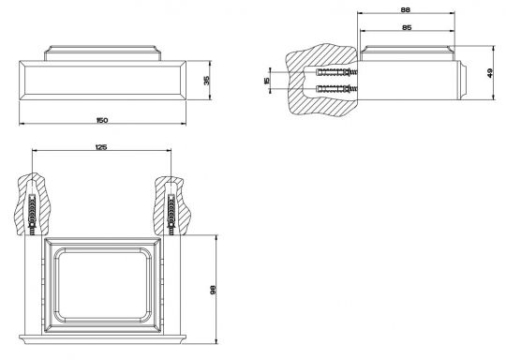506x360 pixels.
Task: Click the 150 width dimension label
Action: pyautogui.click(x=102, y=120)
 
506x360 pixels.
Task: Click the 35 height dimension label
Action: pyautogui.click(x=207, y=80)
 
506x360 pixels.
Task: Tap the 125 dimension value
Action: pyautogui.click(x=101, y=147)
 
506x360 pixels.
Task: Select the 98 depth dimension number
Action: pyautogui.click(x=213, y=290)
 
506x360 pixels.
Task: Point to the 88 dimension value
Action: pyautogui.click(x=406, y=10)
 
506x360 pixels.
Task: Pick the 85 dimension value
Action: pyautogui.click(x=407, y=27)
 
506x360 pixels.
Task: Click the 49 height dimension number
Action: pyautogui.click(x=490, y=73)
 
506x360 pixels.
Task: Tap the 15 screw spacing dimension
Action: pyautogui.click(x=266, y=80)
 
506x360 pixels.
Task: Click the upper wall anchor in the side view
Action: pyautogui.click(x=337, y=72)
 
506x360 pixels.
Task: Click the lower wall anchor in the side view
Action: pyautogui.click(x=337, y=88)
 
